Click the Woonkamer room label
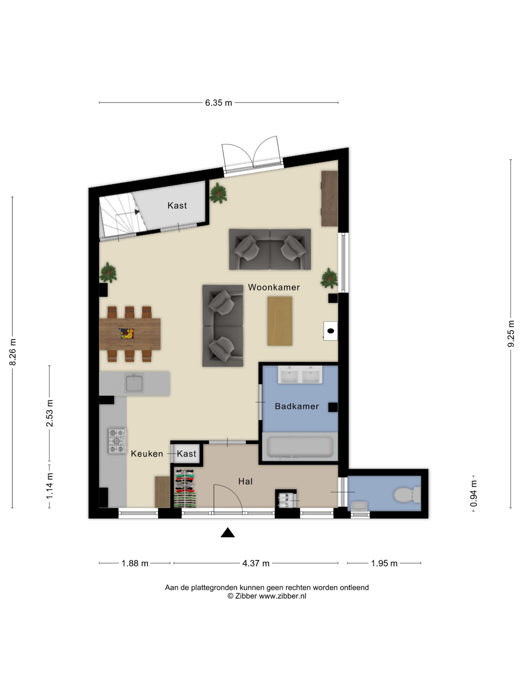click(x=274, y=287)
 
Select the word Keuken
click(x=147, y=453)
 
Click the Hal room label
click(x=245, y=481)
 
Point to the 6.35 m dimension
click(x=218, y=103)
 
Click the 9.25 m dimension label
click(x=511, y=333)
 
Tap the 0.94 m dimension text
click(x=473, y=493)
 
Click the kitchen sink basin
click(x=134, y=383)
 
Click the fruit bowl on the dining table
click(x=126, y=333)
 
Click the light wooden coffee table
click(x=280, y=321)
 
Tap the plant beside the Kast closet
click(x=218, y=193)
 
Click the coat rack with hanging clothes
click(x=185, y=488)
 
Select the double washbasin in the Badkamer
click(x=300, y=375)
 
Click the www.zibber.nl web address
click(x=282, y=596)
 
